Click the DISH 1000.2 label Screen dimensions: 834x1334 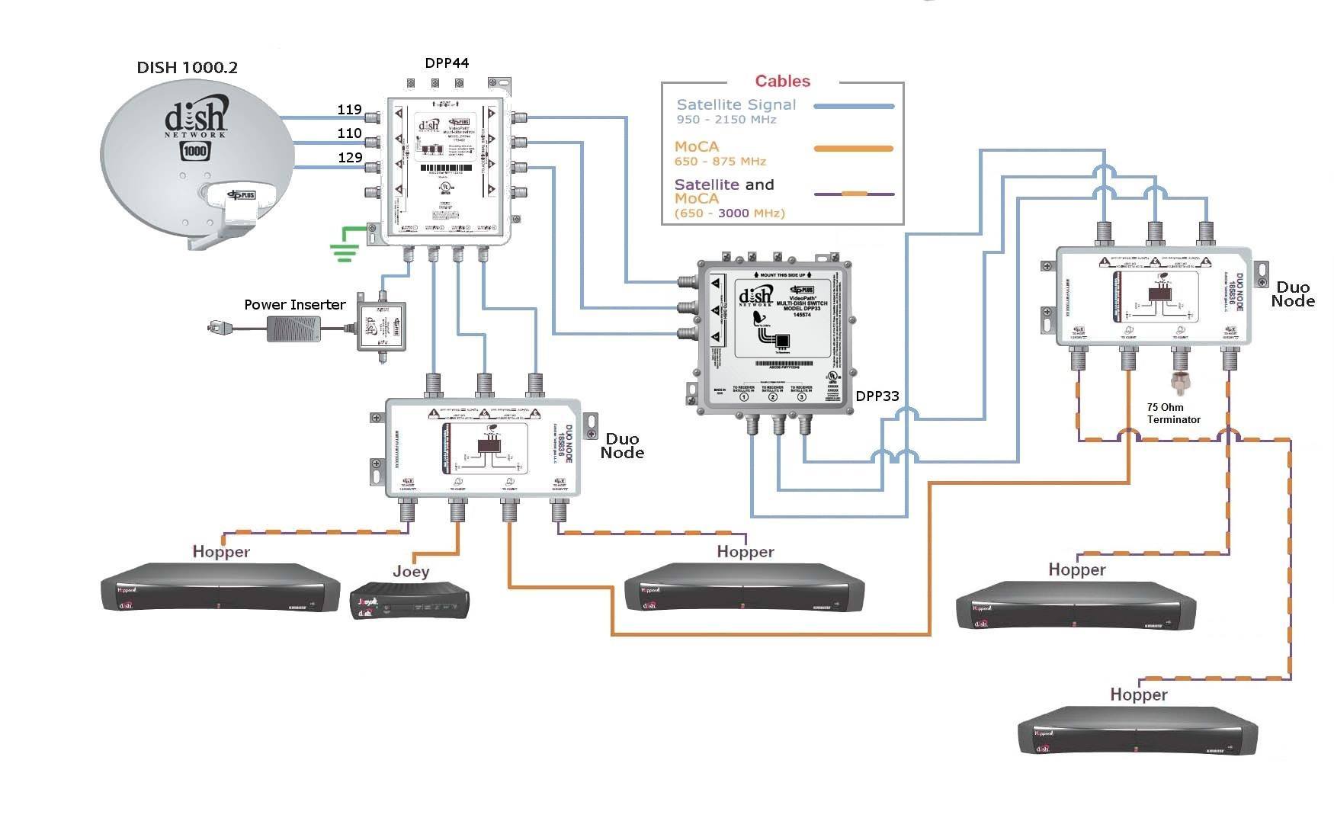pos(187,67)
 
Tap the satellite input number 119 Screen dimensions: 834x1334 pos(349,109)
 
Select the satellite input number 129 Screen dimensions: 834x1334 pos(350,157)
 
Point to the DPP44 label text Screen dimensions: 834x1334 pos(447,63)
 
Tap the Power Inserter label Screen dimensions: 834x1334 pos(294,304)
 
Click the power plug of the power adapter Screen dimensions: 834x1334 pos(217,328)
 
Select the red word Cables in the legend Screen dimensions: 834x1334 pos(782,81)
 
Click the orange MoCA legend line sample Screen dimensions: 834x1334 pos(854,149)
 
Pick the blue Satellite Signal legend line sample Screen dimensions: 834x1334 pos(854,107)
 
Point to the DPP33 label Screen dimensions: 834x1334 pos(877,396)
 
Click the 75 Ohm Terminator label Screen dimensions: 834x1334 pos(1173,413)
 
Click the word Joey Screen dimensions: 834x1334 pos(411,571)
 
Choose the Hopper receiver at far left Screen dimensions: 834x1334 pos(220,587)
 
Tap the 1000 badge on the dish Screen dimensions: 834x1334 pos(195,150)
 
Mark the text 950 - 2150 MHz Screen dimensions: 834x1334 pos(726,120)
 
